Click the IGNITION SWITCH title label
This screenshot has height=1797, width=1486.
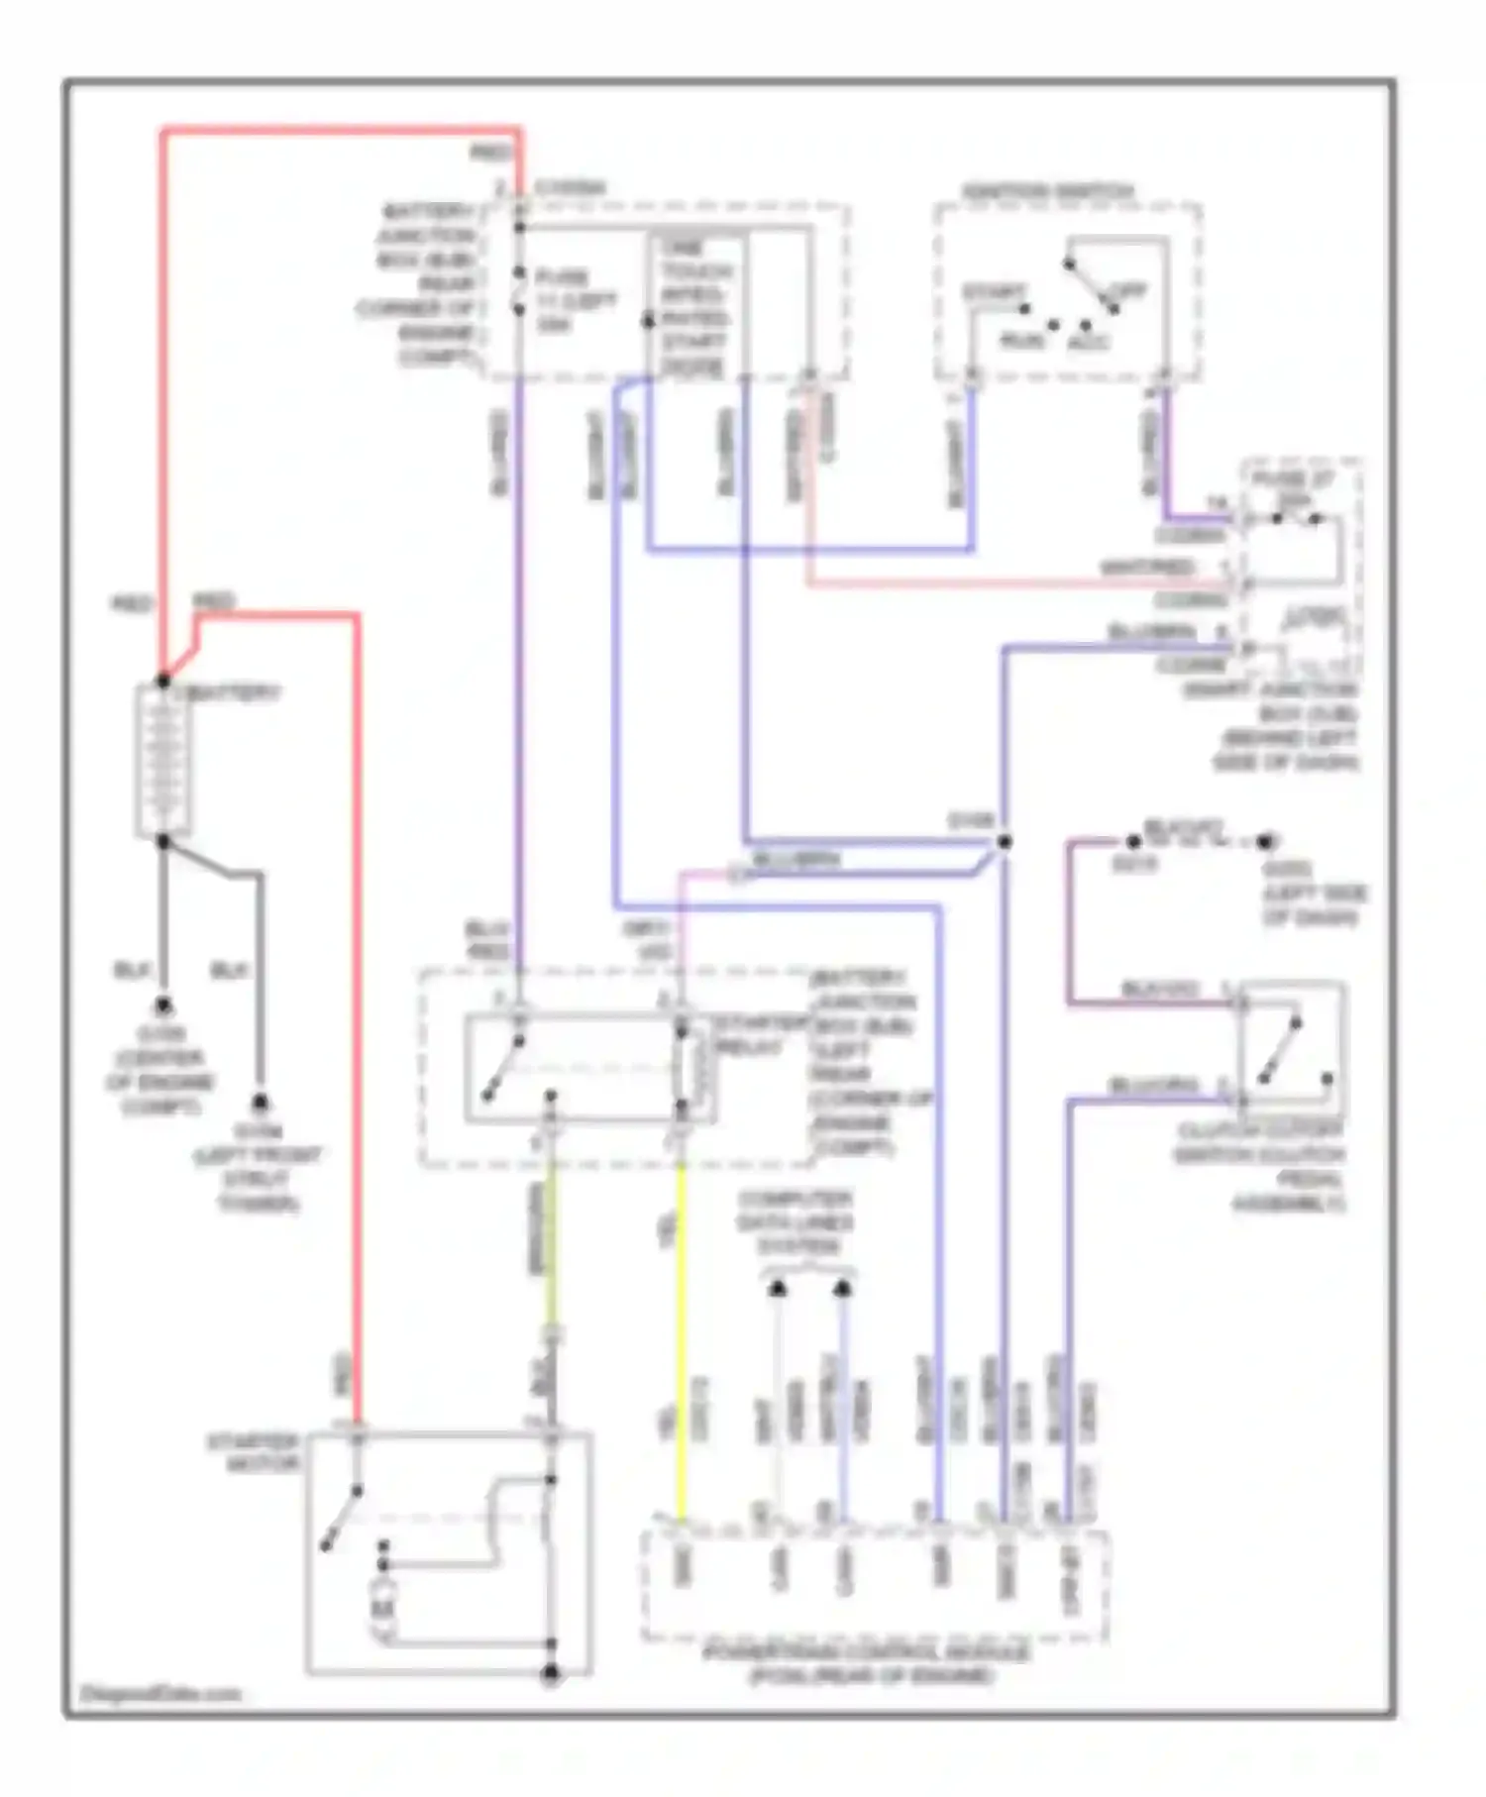(x=1047, y=191)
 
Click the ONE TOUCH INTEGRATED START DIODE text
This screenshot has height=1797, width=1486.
(x=694, y=307)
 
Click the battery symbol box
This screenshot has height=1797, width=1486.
(x=162, y=761)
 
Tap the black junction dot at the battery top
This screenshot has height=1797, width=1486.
(x=162, y=682)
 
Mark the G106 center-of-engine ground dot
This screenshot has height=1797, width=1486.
(x=162, y=1005)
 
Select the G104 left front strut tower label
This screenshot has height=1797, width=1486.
(x=259, y=1167)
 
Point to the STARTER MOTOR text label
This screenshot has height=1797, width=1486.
(x=253, y=1452)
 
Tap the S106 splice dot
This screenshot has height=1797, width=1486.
(x=1004, y=842)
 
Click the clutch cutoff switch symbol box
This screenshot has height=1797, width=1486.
(x=1291, y=1048)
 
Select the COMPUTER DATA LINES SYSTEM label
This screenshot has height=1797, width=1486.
(x=795, y=1222)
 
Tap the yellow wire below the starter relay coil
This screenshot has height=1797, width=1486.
(x=681, y=1337)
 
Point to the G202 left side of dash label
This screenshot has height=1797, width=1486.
(x=1311, y=894)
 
